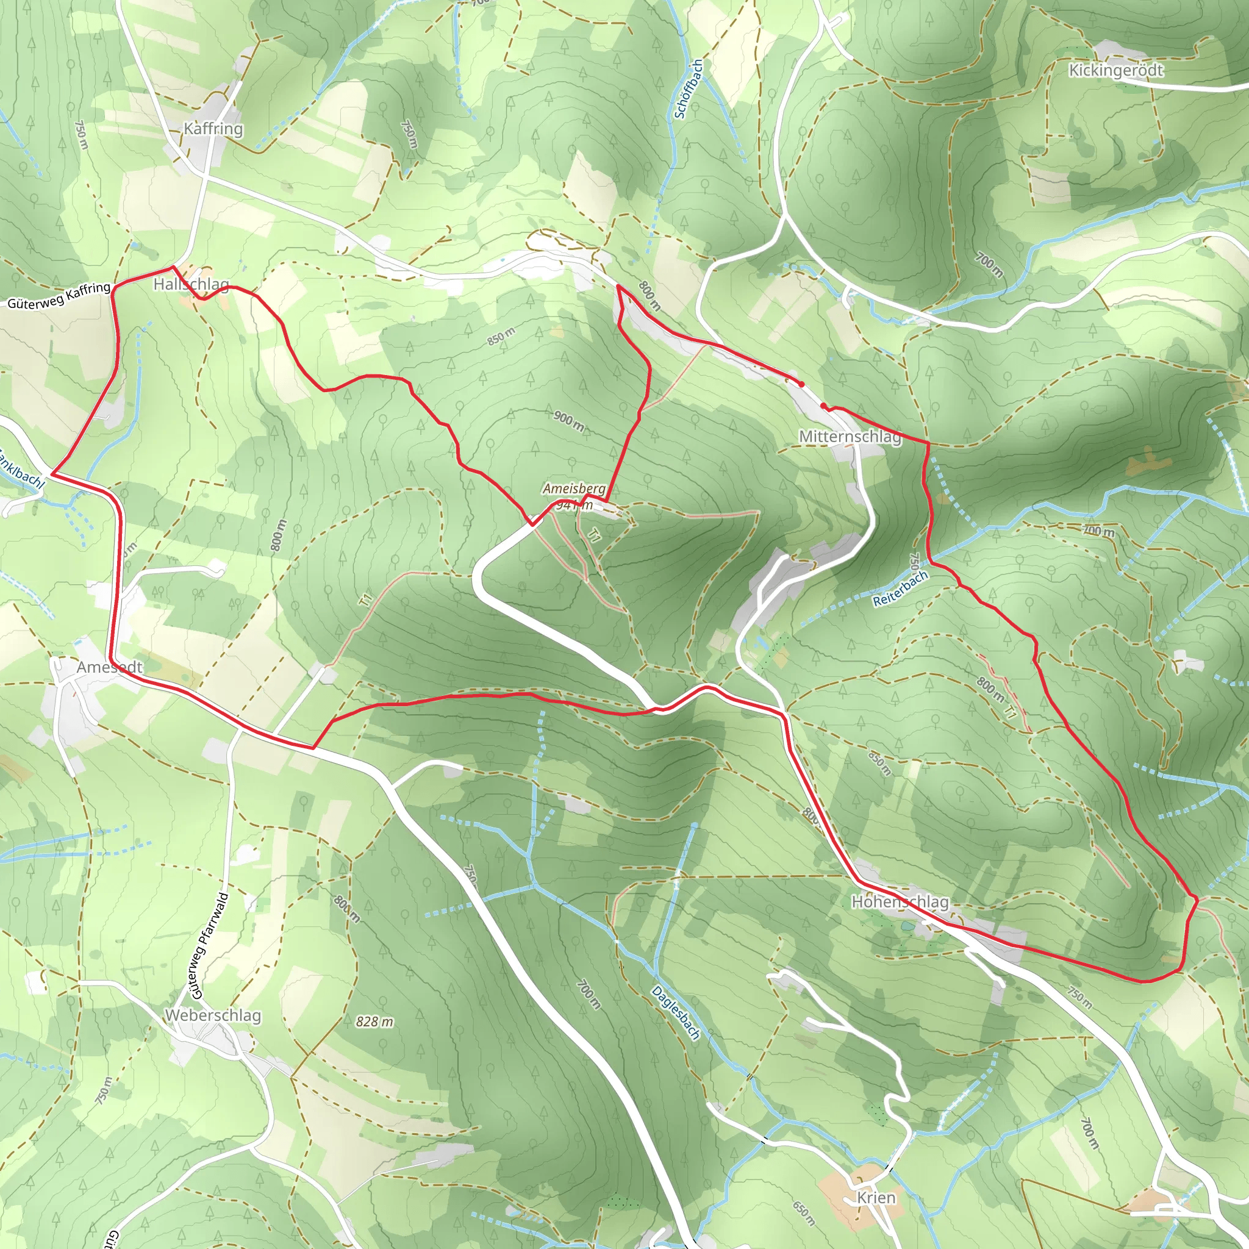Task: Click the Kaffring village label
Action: point(213,129)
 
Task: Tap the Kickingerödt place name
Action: point(1116,70)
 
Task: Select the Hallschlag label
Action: point(191,284)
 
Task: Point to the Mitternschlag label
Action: point(850,437)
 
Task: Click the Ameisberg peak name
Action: point(574,488)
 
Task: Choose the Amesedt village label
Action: point(110,667)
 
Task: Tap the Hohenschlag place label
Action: point(900,902)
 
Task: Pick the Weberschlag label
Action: point(213,1015)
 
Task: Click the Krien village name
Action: point(876,1197)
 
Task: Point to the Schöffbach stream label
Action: point(689,89)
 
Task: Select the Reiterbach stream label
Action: point(900,589)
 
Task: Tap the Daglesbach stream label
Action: point(676,1012)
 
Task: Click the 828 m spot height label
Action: point(374,1022)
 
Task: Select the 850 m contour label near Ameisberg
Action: point(501,336)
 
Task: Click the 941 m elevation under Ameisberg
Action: point(574,505)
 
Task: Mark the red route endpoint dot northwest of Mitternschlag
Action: point(801,384)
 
